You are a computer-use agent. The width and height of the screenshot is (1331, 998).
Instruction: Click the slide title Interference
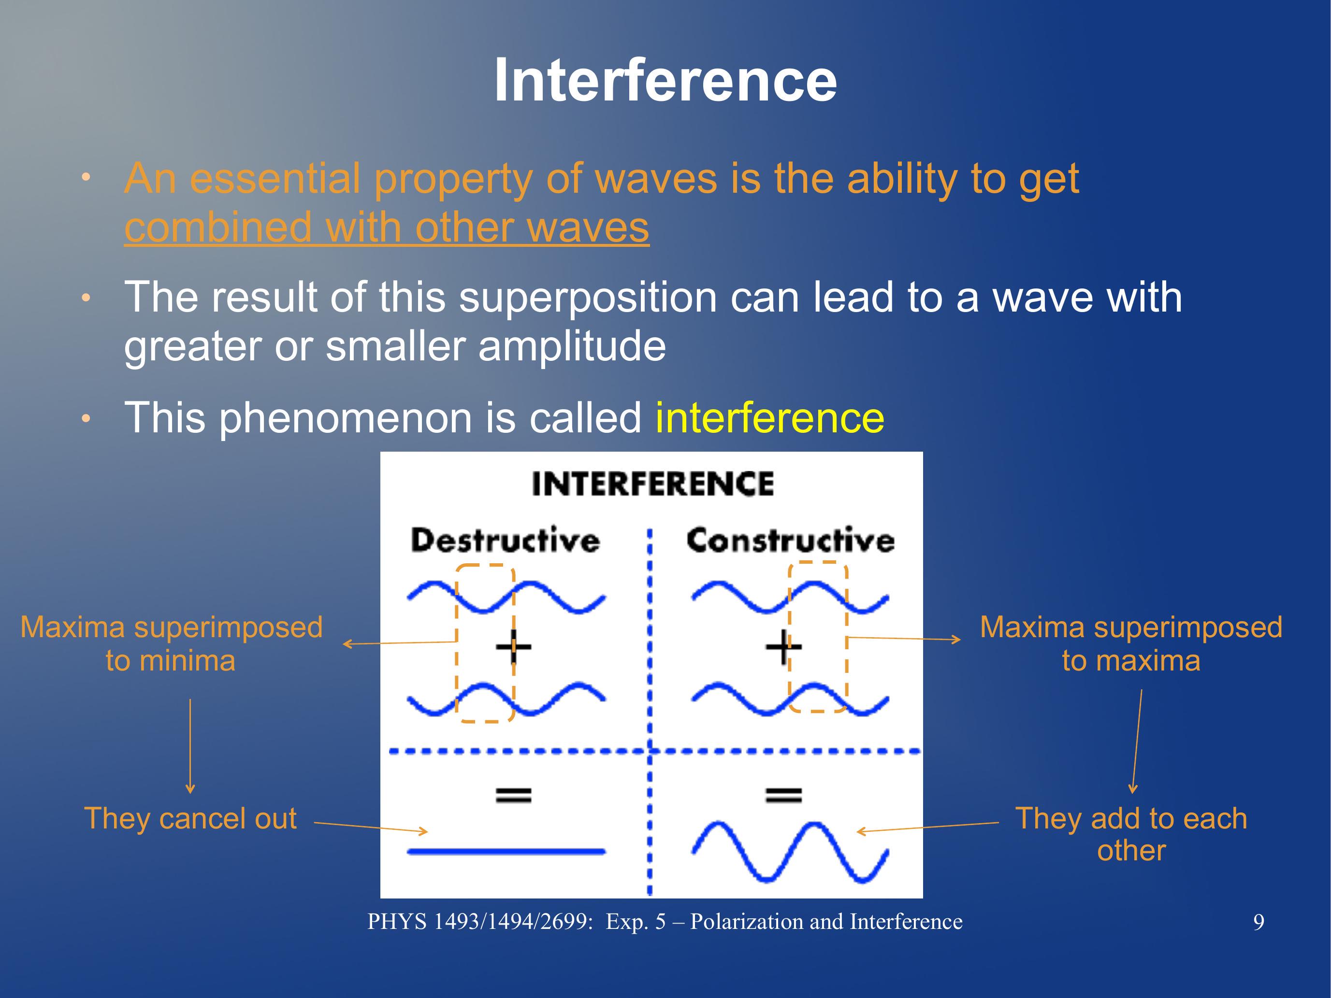coord(665,81)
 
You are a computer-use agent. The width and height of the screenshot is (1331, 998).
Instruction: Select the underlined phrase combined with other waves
coord(386,228)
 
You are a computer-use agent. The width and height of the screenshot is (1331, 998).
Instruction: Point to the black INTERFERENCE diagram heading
coord(653,484)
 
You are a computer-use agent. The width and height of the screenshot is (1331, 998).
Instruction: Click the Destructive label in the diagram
coord(506,540)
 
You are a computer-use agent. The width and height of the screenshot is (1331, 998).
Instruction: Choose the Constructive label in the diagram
coord(791,540)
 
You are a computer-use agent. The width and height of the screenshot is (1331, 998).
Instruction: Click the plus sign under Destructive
coord(513,647)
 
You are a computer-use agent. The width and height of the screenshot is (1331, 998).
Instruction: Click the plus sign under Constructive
coord(783,647)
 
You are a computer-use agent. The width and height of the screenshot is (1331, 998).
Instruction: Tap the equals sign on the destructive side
coord(513,795)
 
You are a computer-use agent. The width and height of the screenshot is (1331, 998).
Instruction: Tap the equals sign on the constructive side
coord(783,795)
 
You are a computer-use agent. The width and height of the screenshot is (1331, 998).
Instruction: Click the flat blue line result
coord(506,851)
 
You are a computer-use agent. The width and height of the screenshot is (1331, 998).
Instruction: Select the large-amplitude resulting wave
coord(790,851)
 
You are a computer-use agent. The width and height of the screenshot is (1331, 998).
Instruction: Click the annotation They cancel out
coord(190,818)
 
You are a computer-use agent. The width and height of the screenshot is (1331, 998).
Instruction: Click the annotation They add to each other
coord(1131,834)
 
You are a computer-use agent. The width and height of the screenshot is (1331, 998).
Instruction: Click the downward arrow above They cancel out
coord(190,746)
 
